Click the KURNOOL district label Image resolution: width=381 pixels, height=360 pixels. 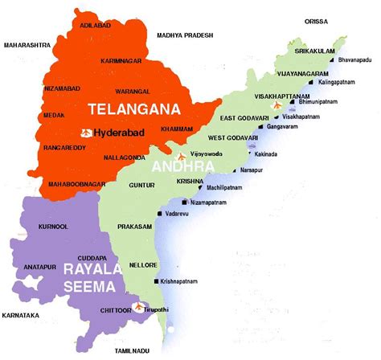[x=43, y=227]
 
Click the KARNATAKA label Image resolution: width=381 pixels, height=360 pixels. [x=22, y=314]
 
